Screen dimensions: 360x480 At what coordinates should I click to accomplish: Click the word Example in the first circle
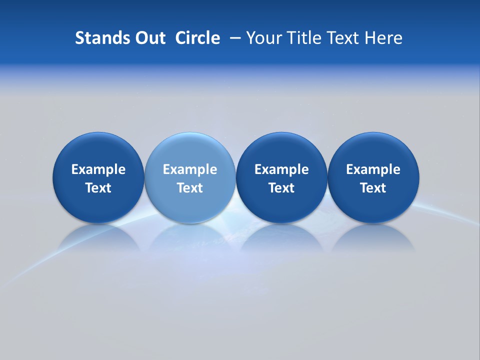pyautogui.click(x=98, y=169)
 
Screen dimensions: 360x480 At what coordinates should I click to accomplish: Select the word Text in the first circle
pyautogui.click(x=98, y=188)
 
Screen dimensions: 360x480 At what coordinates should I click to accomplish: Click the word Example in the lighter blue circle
pyautogui.click(x=190, y=169)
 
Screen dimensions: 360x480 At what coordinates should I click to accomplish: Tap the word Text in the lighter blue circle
pyautogui.click(x=190, y=188)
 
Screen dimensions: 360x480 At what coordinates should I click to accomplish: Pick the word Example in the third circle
pyautogui.click(x=281, y=169)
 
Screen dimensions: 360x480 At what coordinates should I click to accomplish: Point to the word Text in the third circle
pyautogui.click(x=281, y=188)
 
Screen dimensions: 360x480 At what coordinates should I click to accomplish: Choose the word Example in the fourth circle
pyautogui.click(x=373, y=169)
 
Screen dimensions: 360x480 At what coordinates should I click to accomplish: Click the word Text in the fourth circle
pyautogui.click(x=373, y=188)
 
